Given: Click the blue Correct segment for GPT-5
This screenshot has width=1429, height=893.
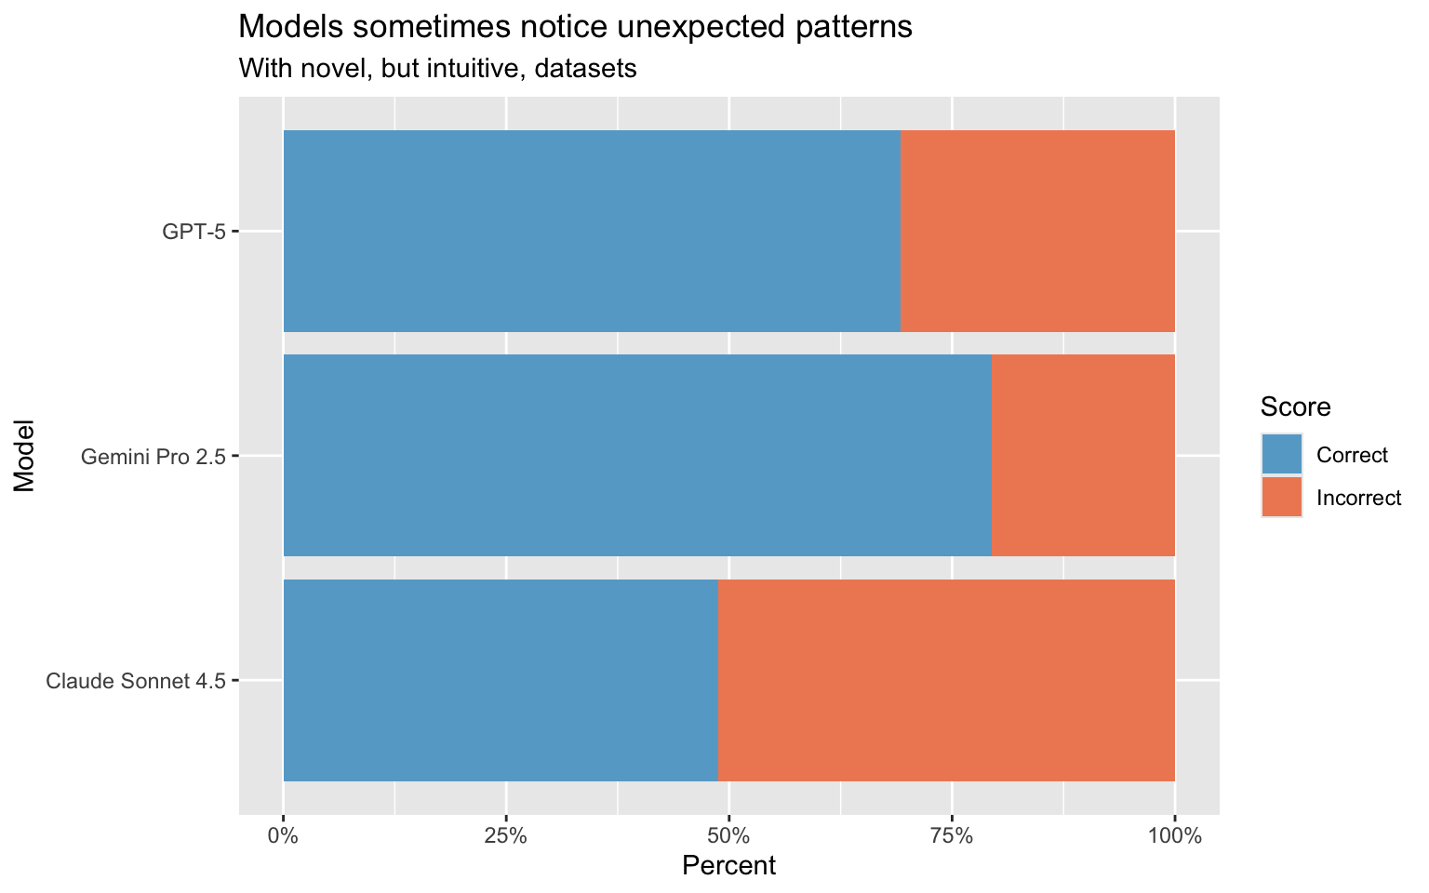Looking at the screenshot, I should pyautogui.click(x=592, y=231).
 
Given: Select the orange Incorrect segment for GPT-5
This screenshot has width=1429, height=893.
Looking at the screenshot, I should pyautogui.click(x=1037, y=231).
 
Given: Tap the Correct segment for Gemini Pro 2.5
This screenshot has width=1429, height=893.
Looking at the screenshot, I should pyautogui.click(x=637, y=456).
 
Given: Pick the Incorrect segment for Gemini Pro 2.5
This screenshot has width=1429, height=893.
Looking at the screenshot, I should pyautogui.click(x=1083, y=456).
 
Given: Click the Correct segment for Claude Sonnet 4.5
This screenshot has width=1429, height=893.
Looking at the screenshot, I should pyautogui.click(x=501, y=681).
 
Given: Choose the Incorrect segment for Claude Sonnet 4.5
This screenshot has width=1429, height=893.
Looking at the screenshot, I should pyautogui.click(x=946, y=681).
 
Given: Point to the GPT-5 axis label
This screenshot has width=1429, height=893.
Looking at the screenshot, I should pyautogui.click(x=194, y=232).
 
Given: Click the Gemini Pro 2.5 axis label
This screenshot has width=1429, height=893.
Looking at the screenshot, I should pyautogui.click(x=154, y=457).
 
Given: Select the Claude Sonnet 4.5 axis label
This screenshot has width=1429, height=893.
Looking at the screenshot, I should pyautogui.click(x=136, y=682).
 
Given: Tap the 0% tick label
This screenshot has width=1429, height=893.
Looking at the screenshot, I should pyautogui.click(x=283, y=835).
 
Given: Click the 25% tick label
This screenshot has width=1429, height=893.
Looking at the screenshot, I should pyautogui.click(x=506, y=835).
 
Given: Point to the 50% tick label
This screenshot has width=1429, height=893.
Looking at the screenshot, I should pyautogui.click(x=729, y=835).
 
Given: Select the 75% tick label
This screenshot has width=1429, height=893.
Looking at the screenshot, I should pyautogui.click(x=953, y=835).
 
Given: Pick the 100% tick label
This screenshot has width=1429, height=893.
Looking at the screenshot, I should pyautogui.click(x=1175, y=835).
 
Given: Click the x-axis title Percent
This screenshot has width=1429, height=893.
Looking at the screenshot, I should pyautogui.click(x=728, y=866).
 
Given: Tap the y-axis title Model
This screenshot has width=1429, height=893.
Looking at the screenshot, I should pyautogui.click(x=25, y=456).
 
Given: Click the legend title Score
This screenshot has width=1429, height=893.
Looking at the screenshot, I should pyautogui.click(x=1295, y=407).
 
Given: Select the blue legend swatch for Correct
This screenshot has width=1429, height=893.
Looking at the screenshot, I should pyautogui.click(x=1282, y=455).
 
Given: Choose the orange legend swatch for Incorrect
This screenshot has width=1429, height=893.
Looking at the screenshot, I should pyautogui.click(x=1282, y=497).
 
